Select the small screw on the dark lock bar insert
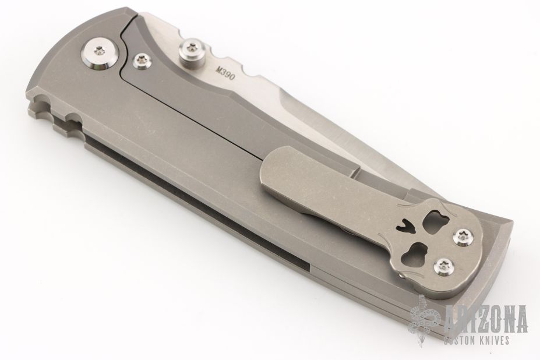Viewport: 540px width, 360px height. click(x=141, y=61)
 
